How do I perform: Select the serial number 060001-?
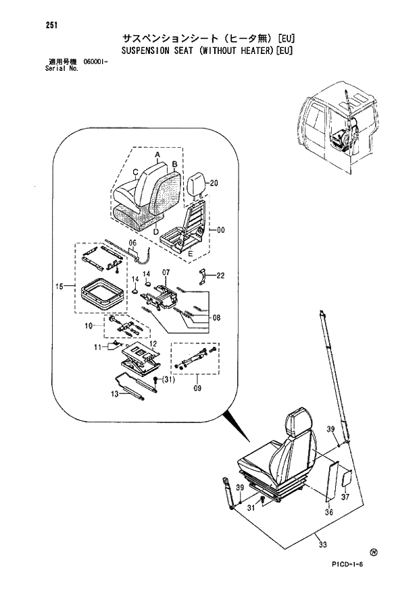98,62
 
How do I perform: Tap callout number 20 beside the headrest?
214,184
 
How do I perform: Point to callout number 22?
220,275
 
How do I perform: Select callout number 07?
216,317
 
